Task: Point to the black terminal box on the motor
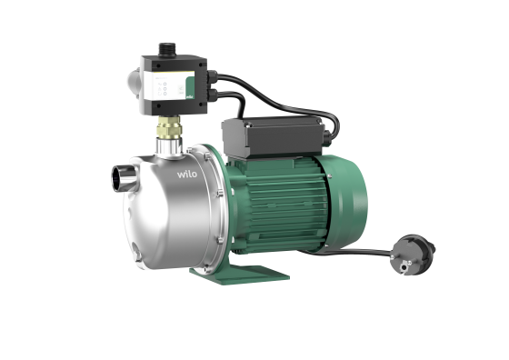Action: click(x=272, y=134)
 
